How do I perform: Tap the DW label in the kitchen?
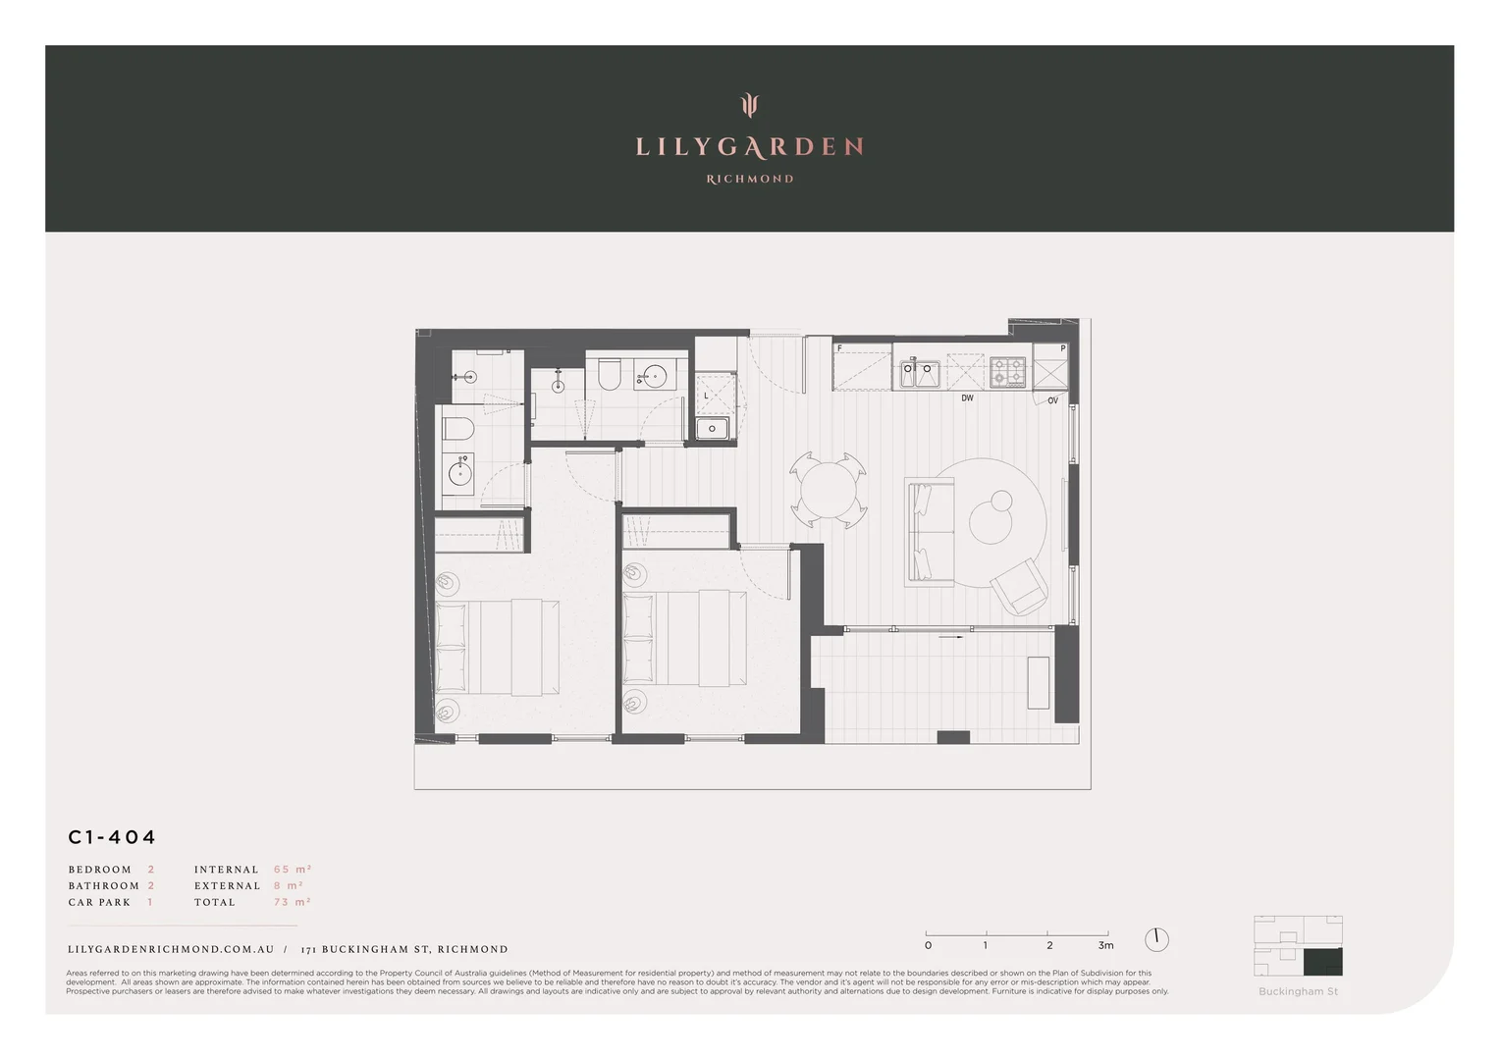[967, 398]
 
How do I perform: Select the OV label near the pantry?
[1052, 400]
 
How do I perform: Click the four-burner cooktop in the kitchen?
[1008, 372]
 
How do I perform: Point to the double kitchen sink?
[920, 373]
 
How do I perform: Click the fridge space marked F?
[862, 368]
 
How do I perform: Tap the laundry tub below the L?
[712, 428]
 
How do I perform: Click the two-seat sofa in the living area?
[929, 531]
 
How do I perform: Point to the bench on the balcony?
[1038, 682]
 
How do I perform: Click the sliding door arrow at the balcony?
[950, 637]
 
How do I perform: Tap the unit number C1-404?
[112, 837]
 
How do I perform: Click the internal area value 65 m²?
[292, 870]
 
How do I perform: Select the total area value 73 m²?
[292, 902]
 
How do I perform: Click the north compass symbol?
[1156, 939]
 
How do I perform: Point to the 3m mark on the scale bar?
[1106, 945]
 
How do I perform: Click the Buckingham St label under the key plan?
[1298, 991]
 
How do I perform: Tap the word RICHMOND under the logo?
[750, 179]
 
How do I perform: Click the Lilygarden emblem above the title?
[750, 105]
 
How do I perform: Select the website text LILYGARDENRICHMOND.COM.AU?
[171, 949]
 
